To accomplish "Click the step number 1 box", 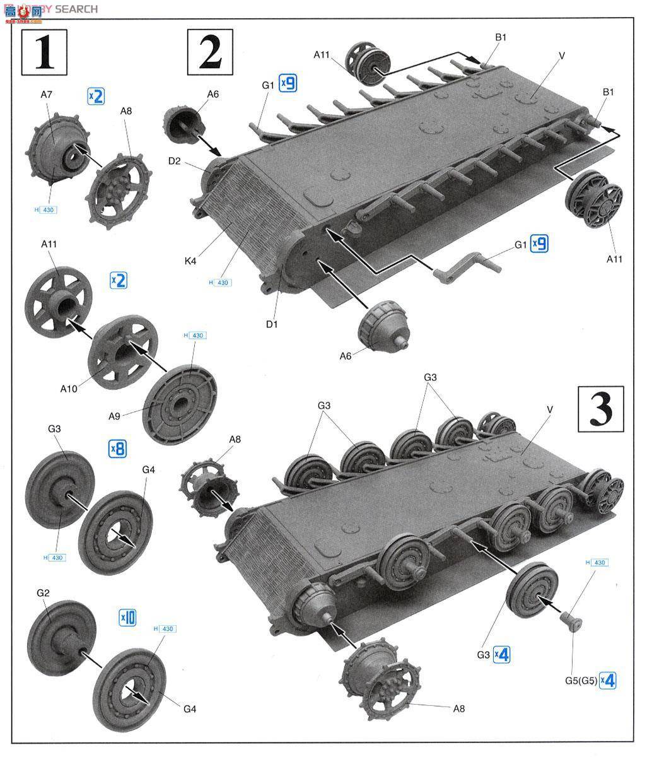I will tap(44, 52).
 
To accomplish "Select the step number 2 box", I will tap(209, 52).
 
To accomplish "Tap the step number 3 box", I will tap(600, 409).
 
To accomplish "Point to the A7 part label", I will tap(47, 95).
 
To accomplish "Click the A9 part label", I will tap(114, 415).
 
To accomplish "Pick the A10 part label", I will tap(68, 389).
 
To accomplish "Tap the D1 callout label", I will tap(272, 324).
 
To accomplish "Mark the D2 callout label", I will tap(175, 161).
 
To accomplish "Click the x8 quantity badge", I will tap(118, 449).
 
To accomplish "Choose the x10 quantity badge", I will tap(127, 618).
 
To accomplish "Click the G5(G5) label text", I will tap(580, 681).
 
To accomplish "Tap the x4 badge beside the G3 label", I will tap(501, 655).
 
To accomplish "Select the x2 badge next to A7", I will tap(95, 96).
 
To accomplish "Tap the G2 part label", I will tap(43, 594).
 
